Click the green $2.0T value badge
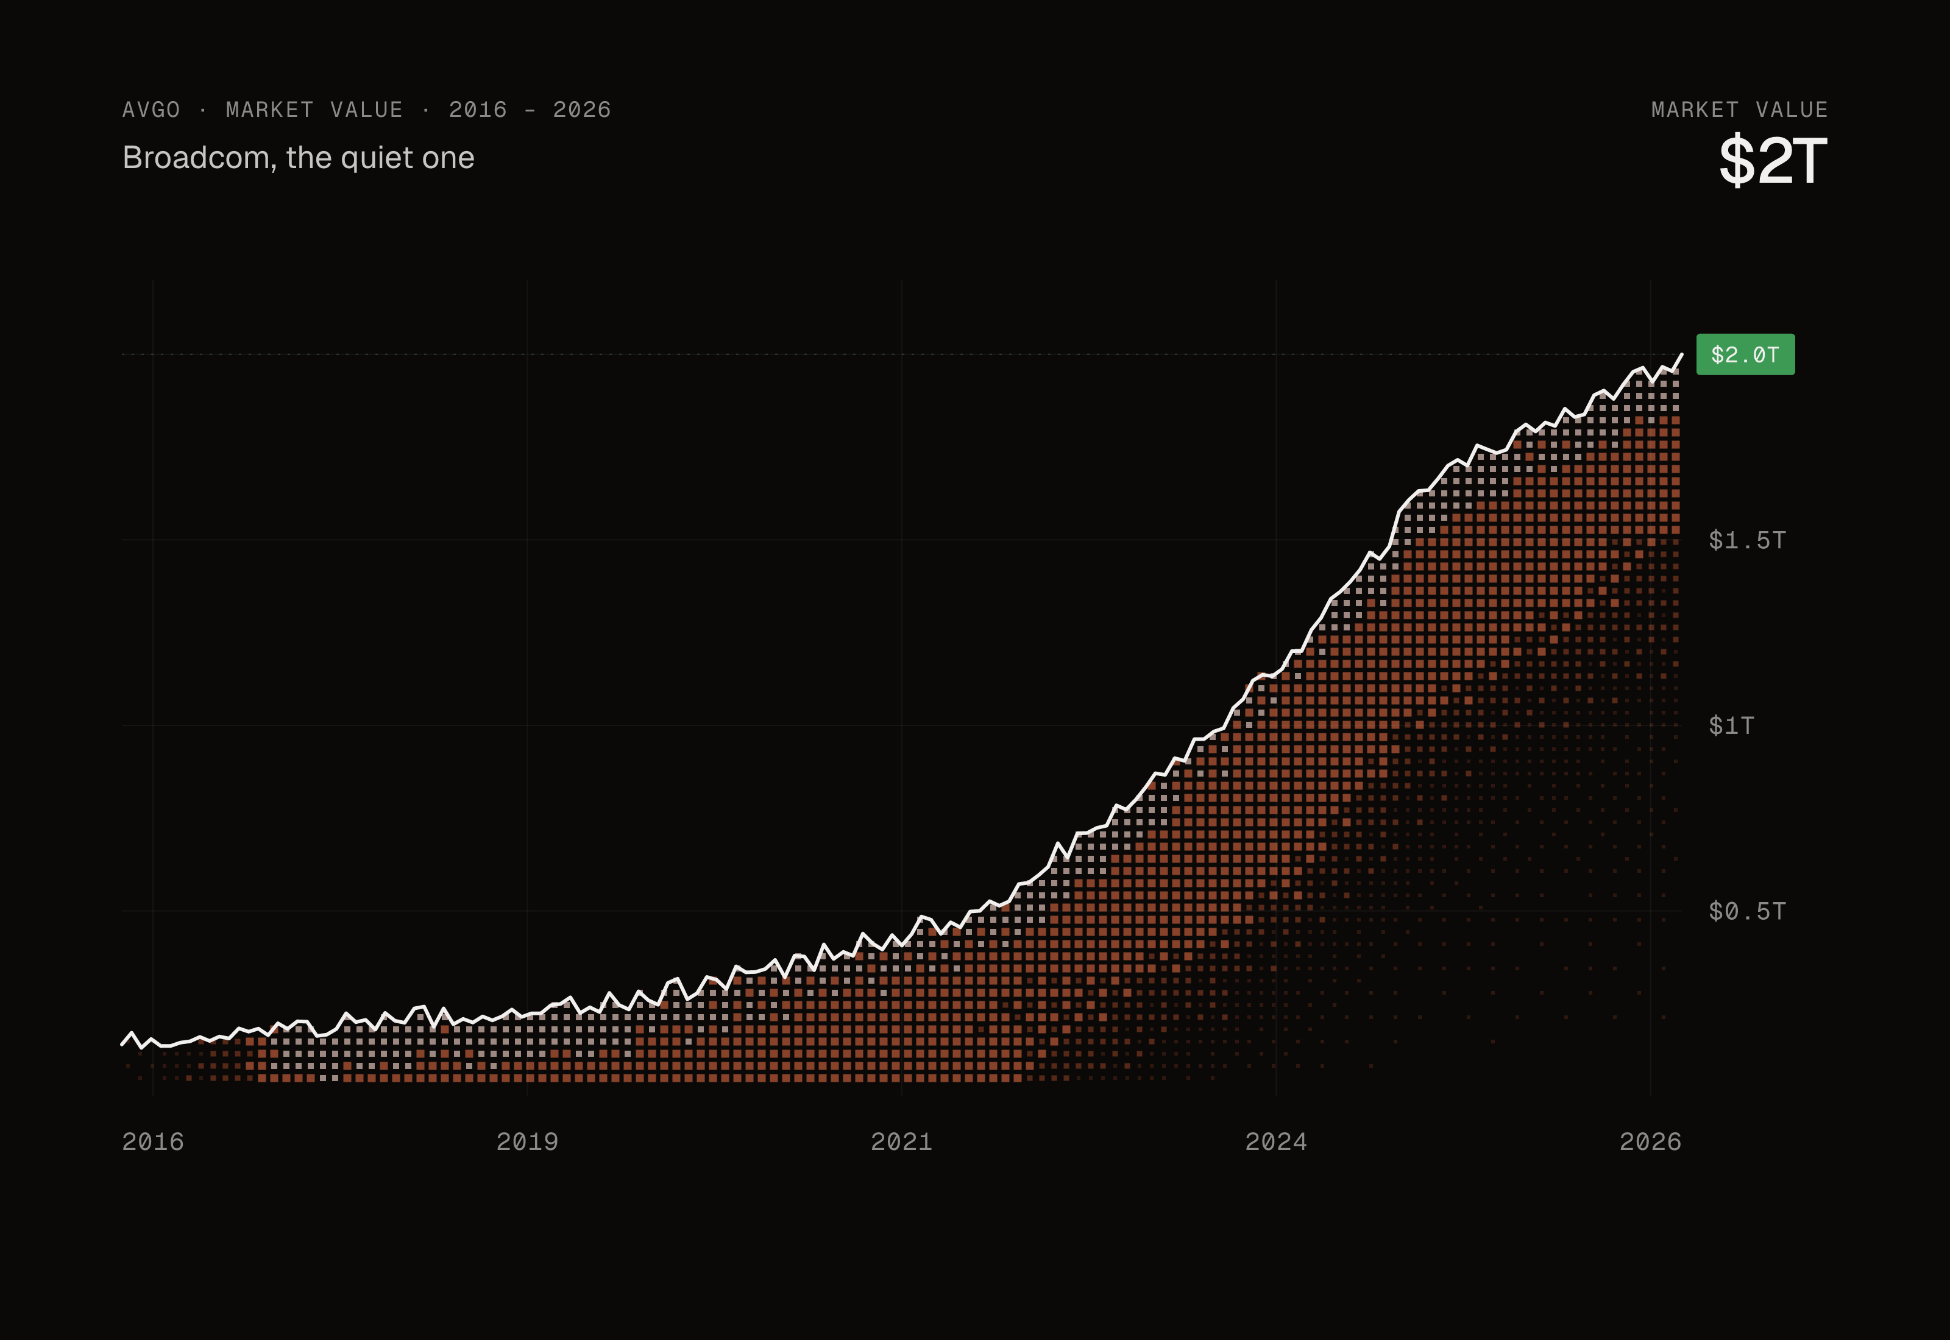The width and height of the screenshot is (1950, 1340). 1745,354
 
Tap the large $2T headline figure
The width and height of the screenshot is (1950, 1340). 1773,160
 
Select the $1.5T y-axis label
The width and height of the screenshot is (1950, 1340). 1746,540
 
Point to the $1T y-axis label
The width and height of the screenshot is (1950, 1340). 1731,725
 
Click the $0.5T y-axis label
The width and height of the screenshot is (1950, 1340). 1746,911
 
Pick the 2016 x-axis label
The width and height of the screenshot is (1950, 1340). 153,1142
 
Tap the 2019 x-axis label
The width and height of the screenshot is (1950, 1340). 527,1142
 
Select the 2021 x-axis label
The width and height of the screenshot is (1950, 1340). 902,1142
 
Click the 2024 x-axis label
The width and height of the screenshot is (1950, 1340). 1275,1142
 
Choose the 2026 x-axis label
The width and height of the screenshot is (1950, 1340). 1650,1142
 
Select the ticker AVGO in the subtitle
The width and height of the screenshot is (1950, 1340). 151,110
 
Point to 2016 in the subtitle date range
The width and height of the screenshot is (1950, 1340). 478,110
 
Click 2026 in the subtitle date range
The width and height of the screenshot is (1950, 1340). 582,110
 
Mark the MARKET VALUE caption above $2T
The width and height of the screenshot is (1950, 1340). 1739,110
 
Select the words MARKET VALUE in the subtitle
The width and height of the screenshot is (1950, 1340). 314,110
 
